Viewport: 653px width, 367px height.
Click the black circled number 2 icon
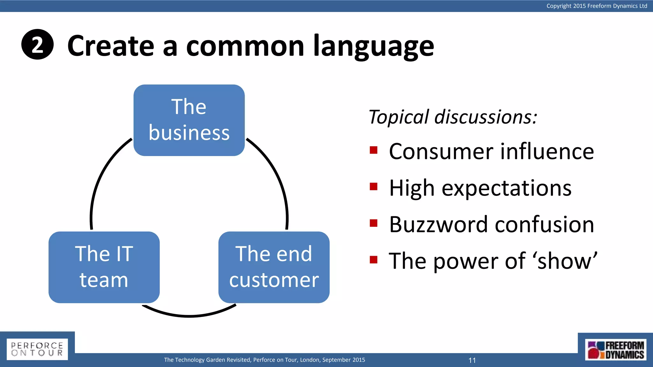(x=37, y=45)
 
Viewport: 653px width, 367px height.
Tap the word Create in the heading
(x=110, y=46)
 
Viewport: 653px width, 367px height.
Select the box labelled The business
(x=189, y=120)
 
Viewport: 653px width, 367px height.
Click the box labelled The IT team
(x=104, y=267)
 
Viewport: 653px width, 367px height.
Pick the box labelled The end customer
(x=274, y=267)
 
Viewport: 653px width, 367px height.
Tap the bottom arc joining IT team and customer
(x=189, y=315)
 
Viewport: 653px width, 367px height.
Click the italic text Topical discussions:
(x=453, y=117)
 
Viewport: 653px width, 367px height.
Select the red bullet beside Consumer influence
(x=373, y=150)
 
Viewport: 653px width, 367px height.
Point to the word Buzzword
(x=439, y=225)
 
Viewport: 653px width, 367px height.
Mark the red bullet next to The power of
(x=373, y=260)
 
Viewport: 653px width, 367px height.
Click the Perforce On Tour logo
(x=37, y=349)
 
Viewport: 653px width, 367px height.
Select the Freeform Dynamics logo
(x=615, y=350)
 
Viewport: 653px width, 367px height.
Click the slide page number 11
(x=472, y=360)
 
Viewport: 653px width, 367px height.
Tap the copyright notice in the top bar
(x=597, y=6)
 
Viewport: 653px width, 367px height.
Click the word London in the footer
(x=310, y=360)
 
